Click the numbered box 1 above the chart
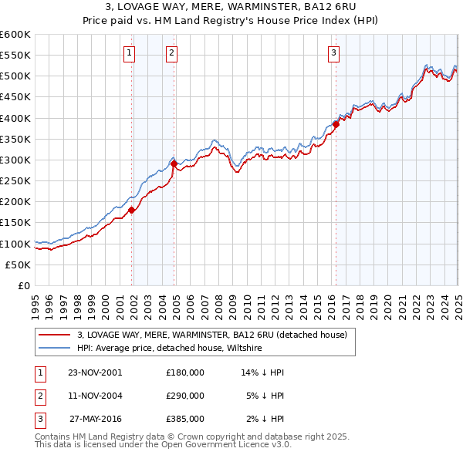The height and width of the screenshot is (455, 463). point(128,53)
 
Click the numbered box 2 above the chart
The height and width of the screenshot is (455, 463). point(171,53)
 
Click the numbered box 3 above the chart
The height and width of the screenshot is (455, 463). point(333,53)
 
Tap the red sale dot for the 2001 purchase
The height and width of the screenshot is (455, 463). point(132,210)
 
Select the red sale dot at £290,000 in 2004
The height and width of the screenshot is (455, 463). point(174,163)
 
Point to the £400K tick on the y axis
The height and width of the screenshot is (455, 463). point(16,118)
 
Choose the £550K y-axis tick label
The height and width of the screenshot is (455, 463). point(16,56)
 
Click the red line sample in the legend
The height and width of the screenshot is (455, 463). point(54,335)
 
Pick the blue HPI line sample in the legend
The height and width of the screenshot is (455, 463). point(54,349)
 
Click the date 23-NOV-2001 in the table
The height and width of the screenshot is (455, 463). point(95,372)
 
